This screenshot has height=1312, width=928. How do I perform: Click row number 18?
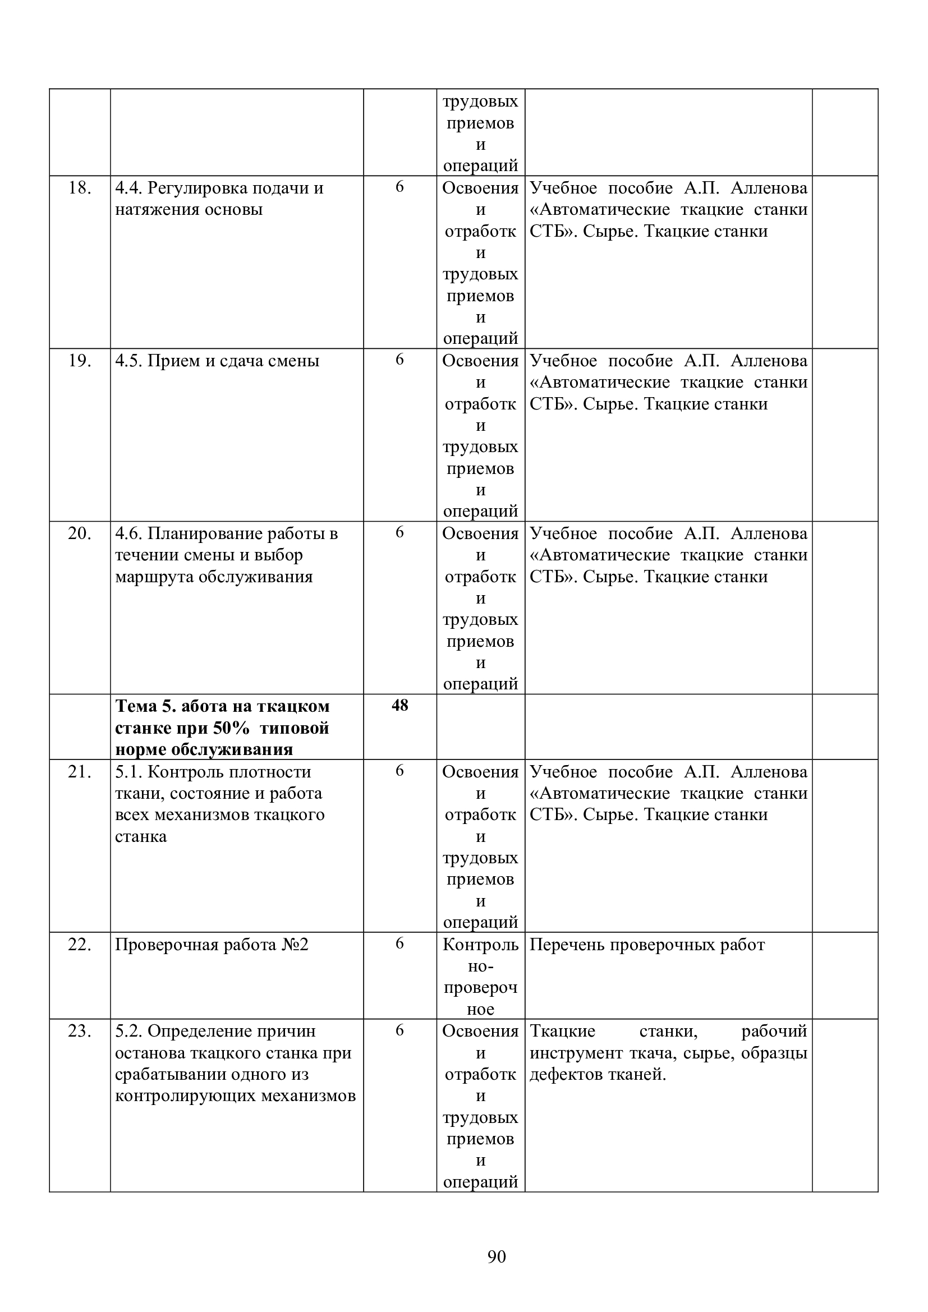pos(80,188)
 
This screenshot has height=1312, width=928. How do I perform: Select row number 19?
pos(80,361)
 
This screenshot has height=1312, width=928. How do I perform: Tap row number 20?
pos(80,533)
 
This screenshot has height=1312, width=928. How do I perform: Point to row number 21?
pos(80,771)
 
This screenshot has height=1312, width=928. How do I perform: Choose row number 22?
pos(80,945)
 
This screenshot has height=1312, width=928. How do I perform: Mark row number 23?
pos(80,1031)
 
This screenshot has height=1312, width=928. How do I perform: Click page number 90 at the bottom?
pos(497,1256)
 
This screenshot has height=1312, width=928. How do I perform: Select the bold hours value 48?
pos(399,705)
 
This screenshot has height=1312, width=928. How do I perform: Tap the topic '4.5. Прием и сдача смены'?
pos(217,361)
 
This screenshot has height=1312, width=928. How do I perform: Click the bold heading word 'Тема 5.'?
pos(146,706)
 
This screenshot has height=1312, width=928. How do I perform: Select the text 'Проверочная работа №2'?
pos(212,945)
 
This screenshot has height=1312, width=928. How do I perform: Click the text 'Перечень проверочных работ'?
pos(647,945)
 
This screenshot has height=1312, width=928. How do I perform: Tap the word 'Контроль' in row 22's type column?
pos(480,945)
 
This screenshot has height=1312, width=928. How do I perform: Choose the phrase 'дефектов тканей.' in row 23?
pos(598,1075)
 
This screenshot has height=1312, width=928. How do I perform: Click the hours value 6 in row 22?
pos(399,943)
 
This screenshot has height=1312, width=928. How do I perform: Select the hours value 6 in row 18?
pos(399,187)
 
